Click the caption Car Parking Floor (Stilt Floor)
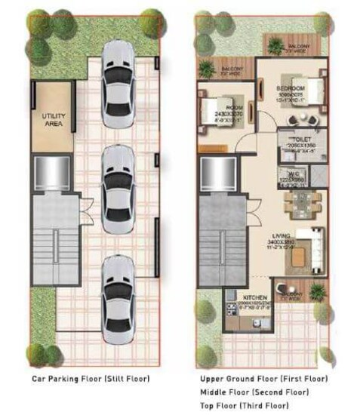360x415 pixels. pos(91,378)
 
